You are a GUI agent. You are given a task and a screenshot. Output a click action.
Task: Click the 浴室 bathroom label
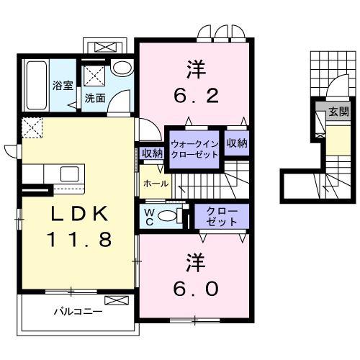(x=63, y=86)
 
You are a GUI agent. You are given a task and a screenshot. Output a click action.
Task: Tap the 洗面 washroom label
(x=95, y=98)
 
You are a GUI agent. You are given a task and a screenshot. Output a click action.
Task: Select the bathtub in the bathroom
(x=36, y=85)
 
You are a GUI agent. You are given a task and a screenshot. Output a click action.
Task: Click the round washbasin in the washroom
(x=122, y=68)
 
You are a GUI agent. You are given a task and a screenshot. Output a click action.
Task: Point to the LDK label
(x=79, y=214)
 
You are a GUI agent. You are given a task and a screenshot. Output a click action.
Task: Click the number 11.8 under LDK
(x=80, y=239)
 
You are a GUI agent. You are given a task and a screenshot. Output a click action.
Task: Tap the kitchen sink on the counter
(x=69, y=174)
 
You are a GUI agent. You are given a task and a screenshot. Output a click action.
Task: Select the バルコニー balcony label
(x=78, y=312)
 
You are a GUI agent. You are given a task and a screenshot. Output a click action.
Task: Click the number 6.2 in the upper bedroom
(x=196, y=95)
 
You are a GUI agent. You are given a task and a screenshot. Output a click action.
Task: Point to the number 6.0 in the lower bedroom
(x=196, y=289)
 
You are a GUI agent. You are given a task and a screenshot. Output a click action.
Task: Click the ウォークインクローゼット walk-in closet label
(x=194, y=149)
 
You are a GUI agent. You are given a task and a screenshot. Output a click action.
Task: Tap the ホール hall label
(x=156, y=184)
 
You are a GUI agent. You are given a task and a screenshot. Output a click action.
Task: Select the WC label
(x=149, y=217)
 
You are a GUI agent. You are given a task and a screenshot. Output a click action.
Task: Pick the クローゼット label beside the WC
(x=222, y=217)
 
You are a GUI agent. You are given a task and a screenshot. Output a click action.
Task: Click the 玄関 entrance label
(x=338, y=112)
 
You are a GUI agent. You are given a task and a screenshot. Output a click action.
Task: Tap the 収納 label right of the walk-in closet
(x=237, y=143)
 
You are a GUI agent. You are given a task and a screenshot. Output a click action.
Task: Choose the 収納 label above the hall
(x=152, y=153)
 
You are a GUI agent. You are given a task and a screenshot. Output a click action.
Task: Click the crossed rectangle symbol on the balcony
(x=117, y=300)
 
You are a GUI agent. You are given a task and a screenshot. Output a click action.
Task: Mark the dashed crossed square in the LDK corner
(x=32, y=127)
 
